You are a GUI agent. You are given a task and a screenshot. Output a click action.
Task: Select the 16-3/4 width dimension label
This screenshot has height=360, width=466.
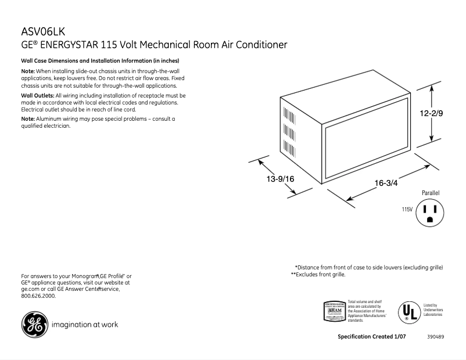coord(386,183)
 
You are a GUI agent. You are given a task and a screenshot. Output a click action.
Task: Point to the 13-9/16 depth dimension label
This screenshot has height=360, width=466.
coord(281,179)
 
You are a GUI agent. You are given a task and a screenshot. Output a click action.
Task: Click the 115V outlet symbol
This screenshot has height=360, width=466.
coord(430,213)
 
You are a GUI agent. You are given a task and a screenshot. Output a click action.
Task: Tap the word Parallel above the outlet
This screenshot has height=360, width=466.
coord(431,192)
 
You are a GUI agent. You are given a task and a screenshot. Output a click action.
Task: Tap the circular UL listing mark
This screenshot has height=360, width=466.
coord(408,312)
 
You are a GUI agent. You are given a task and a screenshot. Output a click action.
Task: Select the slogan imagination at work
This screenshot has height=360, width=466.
coord(85,325)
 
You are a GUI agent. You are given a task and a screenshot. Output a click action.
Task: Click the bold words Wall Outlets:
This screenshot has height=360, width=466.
coord(37,95)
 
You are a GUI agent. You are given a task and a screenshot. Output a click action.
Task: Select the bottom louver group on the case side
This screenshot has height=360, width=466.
coord(287,146)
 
